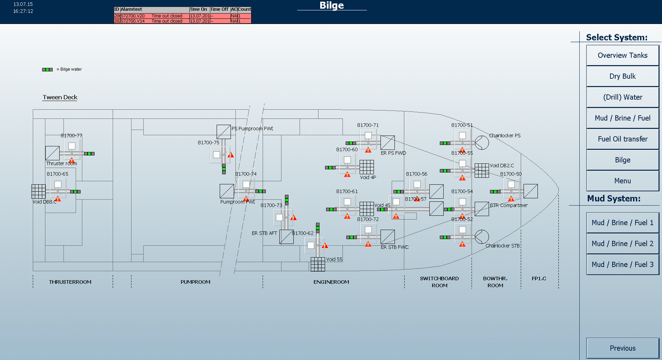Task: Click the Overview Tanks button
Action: (x=622, y=55)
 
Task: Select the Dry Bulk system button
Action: (x=622, y=76)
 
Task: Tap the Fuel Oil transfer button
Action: (x=622, y=139)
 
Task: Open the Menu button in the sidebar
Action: (x=622, y=181)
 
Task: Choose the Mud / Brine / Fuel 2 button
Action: (x=622, y=243)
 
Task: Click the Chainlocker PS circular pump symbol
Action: (x=482, y=142)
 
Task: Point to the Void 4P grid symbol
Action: (x=367, y=167)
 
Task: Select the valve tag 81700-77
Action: (x=71, y=136)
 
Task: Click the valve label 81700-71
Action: (x=368, y=125)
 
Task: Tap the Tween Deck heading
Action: (x=60, y=97)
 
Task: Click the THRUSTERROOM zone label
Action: (x=70, y=282)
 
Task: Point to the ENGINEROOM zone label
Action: (x=331, y=282)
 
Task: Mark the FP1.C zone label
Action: (x=539, y=279)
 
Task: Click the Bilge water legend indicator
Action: (x=48, y=69)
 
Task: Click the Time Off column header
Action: (x=219, y=9)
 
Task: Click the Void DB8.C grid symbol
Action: (x=38, y=192)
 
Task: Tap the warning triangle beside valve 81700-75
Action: (x=231, y=155)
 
